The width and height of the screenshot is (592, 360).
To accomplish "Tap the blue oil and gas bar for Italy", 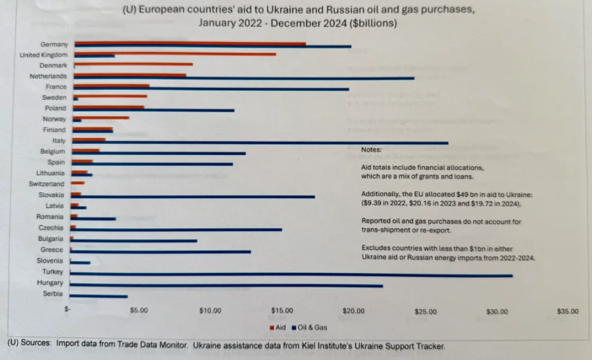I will pyautogui.click(x=260, y=143).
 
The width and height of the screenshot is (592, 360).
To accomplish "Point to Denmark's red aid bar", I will pyautogui.click(x=133, y=64).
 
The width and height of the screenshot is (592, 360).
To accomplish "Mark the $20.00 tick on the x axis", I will pyautogui.click(x=353, y=311).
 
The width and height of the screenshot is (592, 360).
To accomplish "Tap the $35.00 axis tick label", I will pyautogui.click(x=567, y=311).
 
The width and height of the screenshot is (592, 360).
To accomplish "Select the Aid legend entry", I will pyautogui.click(x=278, y=327).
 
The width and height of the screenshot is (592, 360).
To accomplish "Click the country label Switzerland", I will pyautogui.click(x=47, y=184).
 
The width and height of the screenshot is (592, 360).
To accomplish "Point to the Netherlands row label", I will pyautogui.click(x=48, y=76).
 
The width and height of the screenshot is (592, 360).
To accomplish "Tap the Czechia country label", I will pyautogui.click(x=51, y=228).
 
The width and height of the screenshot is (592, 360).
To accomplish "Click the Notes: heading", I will pyautogui.click(x=372, y=150).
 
